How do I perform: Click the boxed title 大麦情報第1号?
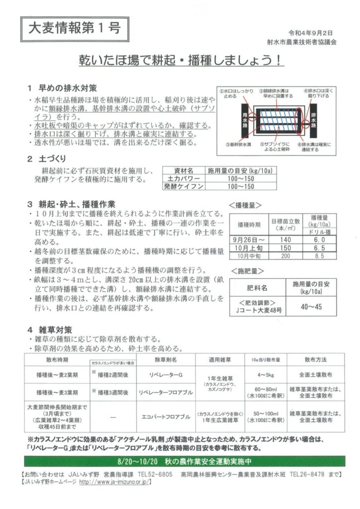73,28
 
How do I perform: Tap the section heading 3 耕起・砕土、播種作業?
72,204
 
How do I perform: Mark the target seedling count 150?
285,248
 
